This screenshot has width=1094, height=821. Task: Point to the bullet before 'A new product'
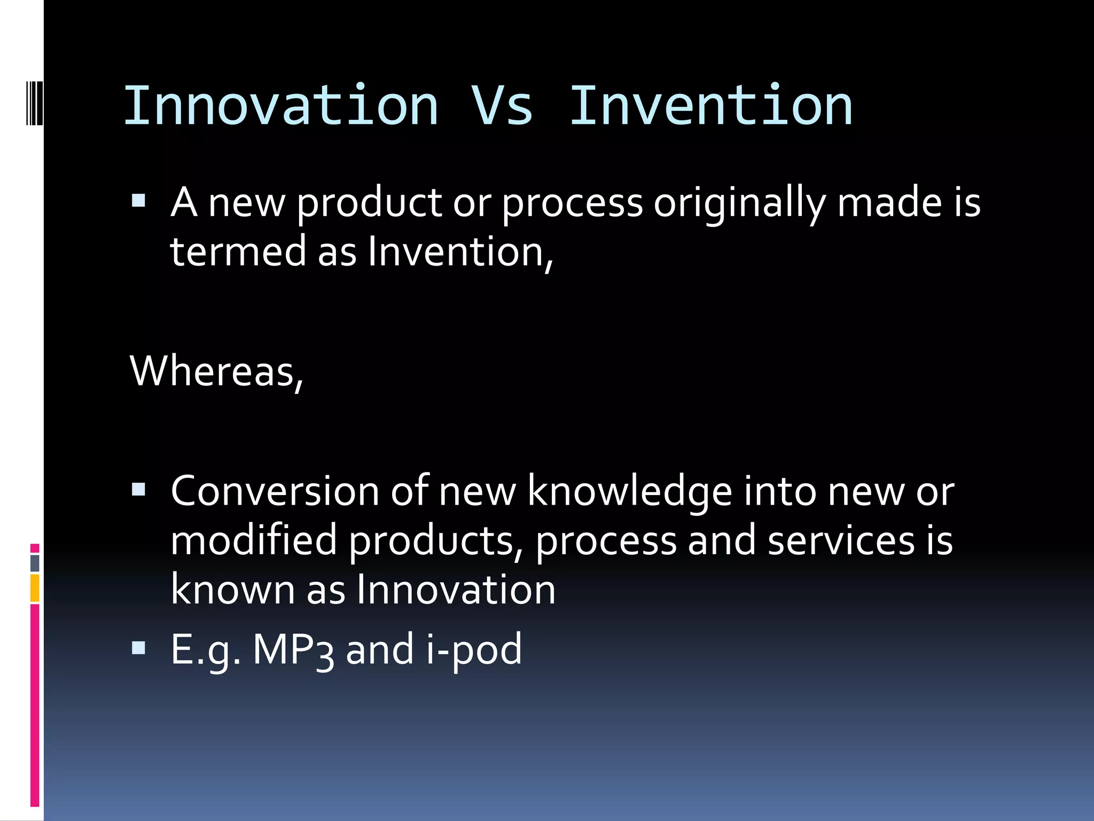click(138, 201)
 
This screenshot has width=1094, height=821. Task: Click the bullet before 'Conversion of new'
click(138, 490)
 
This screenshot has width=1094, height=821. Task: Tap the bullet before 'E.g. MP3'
click(138, 648)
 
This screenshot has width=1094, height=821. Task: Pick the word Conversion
click(275, 491)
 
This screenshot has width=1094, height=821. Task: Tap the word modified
click(254, 540)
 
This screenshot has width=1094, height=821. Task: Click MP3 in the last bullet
click(293, 650)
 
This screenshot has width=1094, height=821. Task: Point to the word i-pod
click(474, 650)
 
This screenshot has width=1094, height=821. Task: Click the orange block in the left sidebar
click(35, 587)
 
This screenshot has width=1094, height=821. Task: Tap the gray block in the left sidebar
click(35, 563)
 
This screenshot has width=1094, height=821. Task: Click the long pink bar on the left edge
click(35, 706)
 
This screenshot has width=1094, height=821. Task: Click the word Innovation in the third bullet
click(456, 590)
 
